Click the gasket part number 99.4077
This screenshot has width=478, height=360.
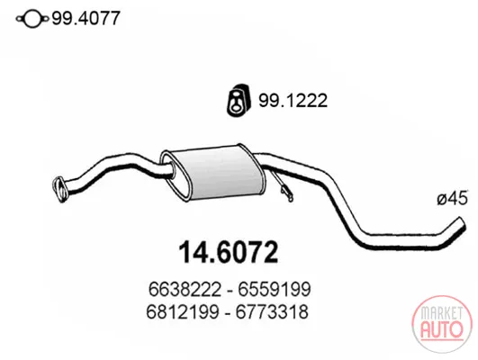(86, 18)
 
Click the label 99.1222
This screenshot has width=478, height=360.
(293, 100)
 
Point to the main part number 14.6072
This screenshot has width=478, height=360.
(229, 252)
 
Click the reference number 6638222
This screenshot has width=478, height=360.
(185, 289)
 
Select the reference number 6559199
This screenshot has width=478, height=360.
(275, 289)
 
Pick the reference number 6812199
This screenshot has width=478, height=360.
(183, 311)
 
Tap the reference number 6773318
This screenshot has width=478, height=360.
(272, 311)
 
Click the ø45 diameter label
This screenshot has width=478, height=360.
(452, 199)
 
